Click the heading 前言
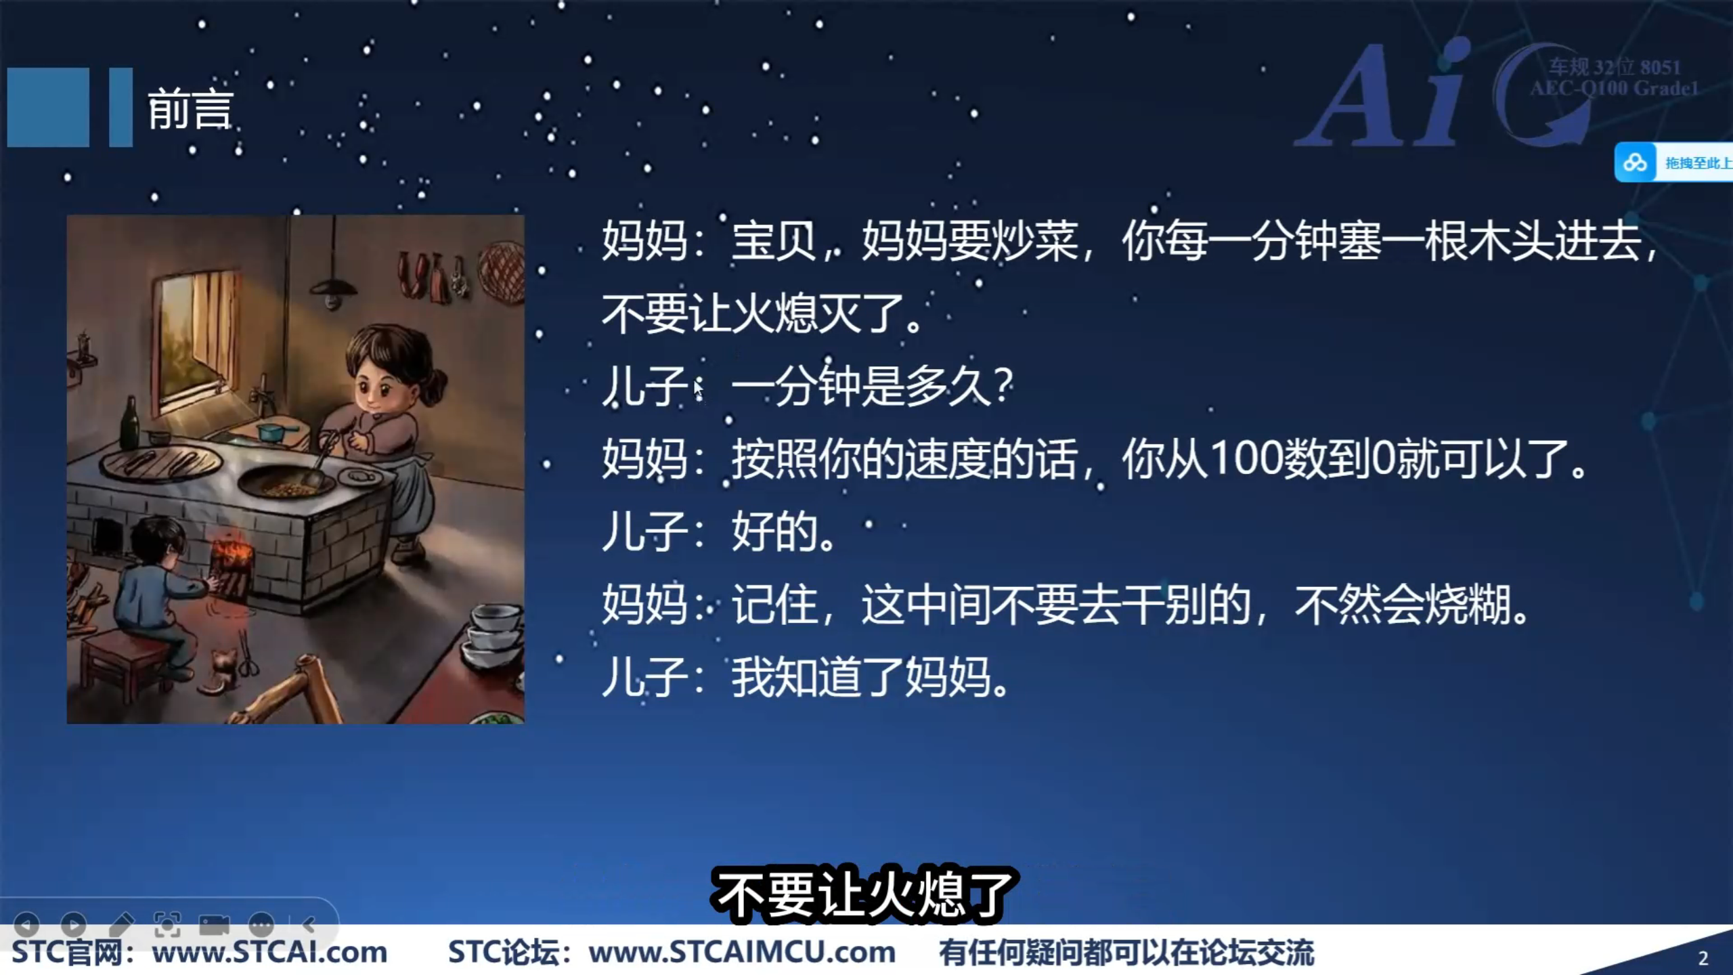coord(190,108)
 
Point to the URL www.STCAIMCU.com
coord(742,953)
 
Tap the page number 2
coord(1703,958)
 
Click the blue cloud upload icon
coord(1635,162)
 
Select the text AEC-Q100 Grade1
coord(1614,89)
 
